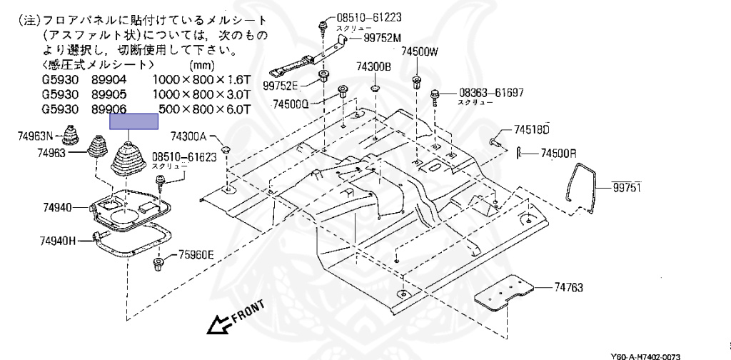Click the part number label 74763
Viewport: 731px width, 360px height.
click(568, 287)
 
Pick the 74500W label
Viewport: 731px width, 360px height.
click(420, 51)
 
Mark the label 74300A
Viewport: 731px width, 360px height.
click(188, 136)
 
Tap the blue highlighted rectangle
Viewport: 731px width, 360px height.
click(133, 121)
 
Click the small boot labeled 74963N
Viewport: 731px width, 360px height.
click(72, 135)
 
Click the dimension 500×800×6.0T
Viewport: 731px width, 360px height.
click(205, 109)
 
